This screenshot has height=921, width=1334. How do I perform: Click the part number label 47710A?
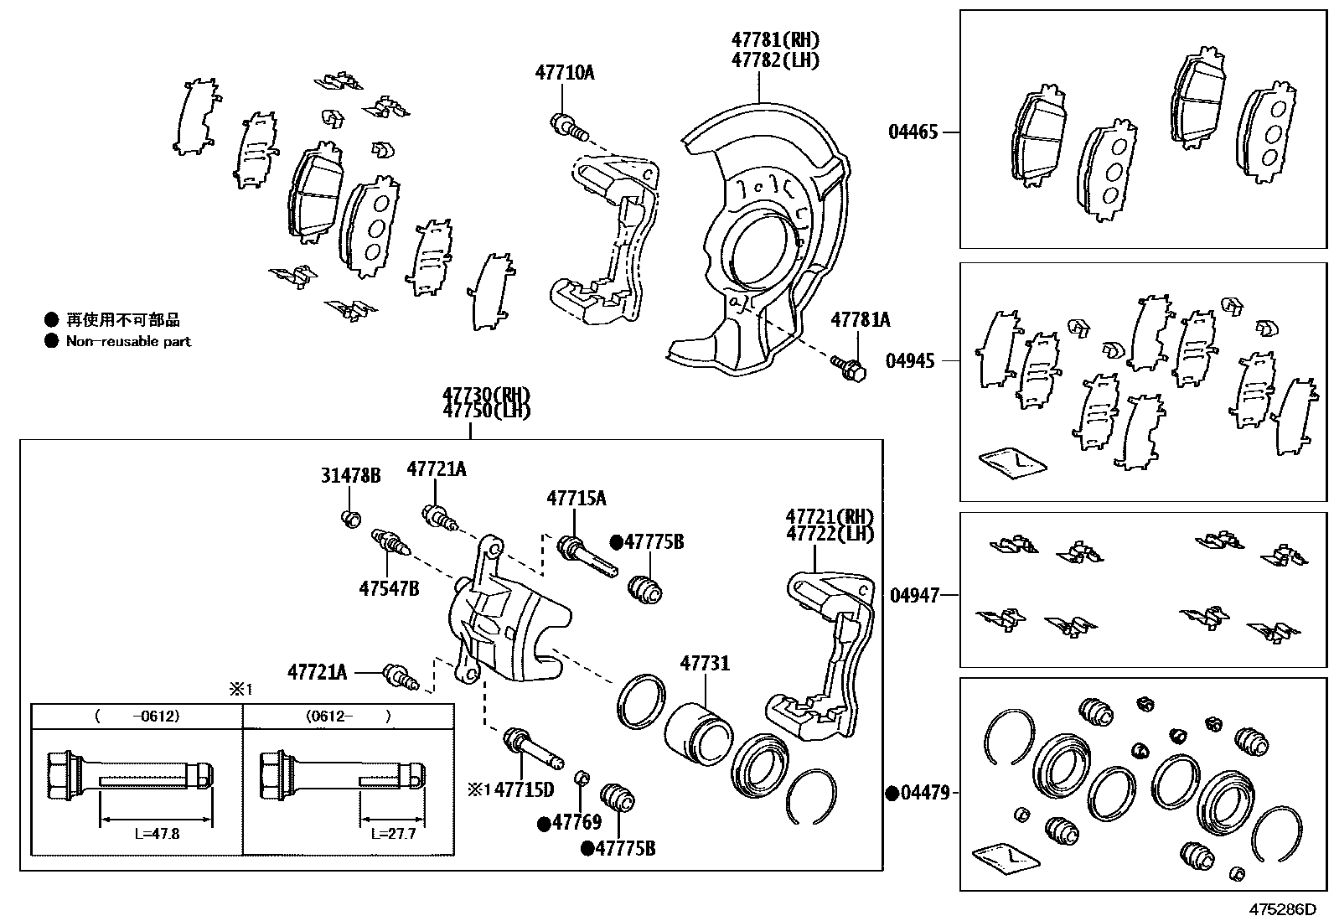564,73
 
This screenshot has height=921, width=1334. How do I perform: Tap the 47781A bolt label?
860,320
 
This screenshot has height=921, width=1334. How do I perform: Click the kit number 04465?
913,132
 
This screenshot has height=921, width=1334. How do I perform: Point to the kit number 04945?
910,361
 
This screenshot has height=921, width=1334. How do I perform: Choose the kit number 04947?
914,595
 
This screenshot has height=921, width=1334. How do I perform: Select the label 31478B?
350,476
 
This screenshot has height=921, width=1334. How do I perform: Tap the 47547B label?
389,588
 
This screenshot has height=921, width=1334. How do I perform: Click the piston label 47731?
705,664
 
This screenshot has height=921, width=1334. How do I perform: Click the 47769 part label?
577,823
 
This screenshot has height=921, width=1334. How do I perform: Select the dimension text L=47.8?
156,835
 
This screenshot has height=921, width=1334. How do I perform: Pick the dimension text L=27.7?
393,835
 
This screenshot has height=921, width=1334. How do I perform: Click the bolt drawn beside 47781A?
848,366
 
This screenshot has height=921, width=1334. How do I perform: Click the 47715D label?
525,789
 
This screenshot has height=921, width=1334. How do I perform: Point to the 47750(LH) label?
486,411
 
